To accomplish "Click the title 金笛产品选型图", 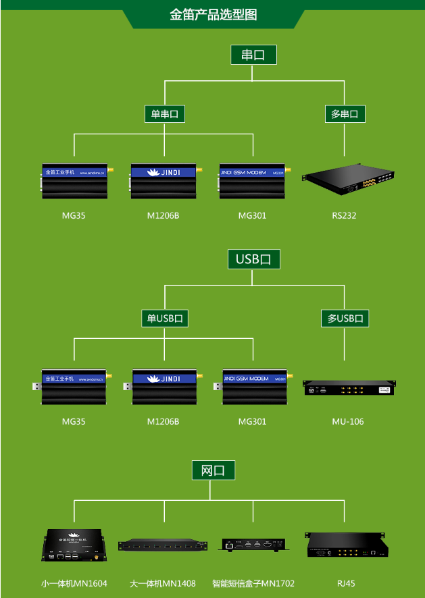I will pyautogui.click(x=213, y=14).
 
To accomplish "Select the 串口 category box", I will pyautogui.click(x=253, y=55).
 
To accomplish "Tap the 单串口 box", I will pyautogui.click(x=164, y=114).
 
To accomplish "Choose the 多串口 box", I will pyautogui.click(x=345, y=114).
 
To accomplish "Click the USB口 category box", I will pyautogui.click(x=253, y=259).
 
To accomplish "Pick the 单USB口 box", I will pyautogui.click(x=164, y=319).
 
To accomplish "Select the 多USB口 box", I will pyautogui.click(x=345, y=319).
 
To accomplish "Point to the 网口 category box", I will pyautogui.click(x=213, y=470).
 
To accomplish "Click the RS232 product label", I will pyautogui.click(x=344, y=216).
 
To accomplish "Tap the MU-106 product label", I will pyautogui.click(x=347, y=421).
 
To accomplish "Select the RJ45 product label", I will pyautogui.click(x=346, y=583).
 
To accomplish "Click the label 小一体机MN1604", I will pyautogui.click(x=74, y=583).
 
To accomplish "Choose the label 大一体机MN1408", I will pyautogui.click(x=162, y=583).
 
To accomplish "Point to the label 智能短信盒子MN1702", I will pyautogui.click(x=253, y=583).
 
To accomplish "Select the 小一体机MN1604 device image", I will pyautogui.click(x=74, y=545).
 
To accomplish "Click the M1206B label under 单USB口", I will pyautogui.click(x=163, y=421).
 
